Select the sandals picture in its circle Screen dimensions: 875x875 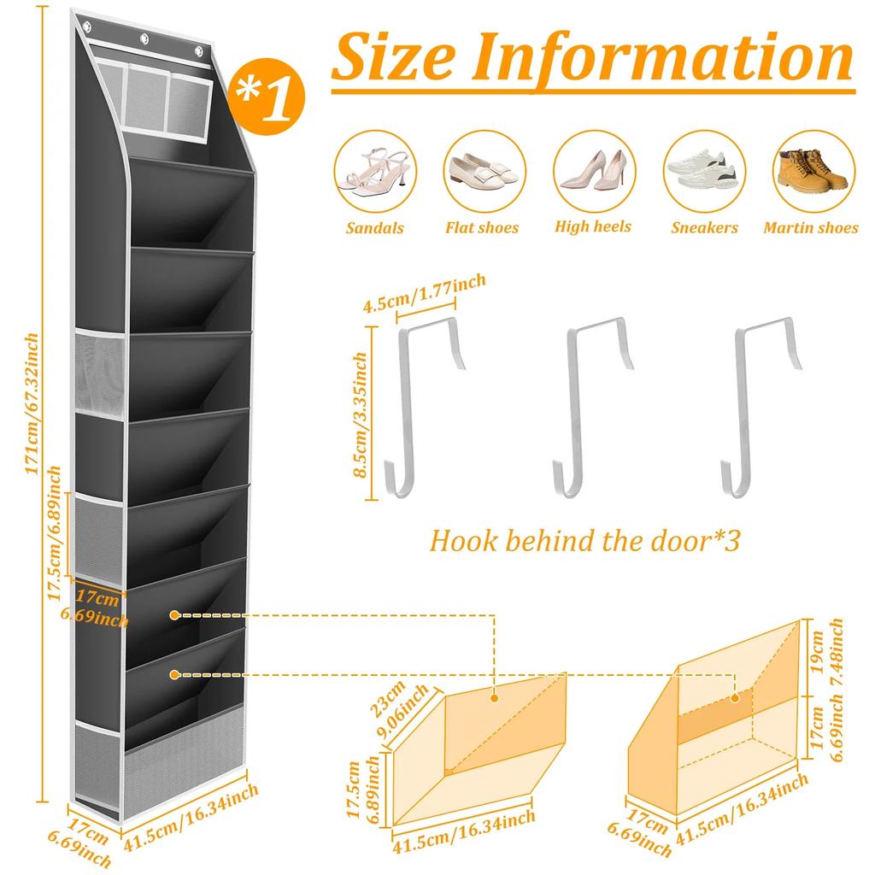point(374,171)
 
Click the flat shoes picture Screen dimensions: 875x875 point(482,171)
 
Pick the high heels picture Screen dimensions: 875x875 point(593,171)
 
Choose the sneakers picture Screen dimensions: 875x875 point(703,171)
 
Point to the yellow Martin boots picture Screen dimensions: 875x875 point(811,171)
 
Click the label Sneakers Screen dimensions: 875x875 point(704,228)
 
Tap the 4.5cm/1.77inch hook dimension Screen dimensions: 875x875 point(425,292)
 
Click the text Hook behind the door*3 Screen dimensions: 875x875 point(584,541)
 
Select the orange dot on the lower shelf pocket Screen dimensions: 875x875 point(174,674)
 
